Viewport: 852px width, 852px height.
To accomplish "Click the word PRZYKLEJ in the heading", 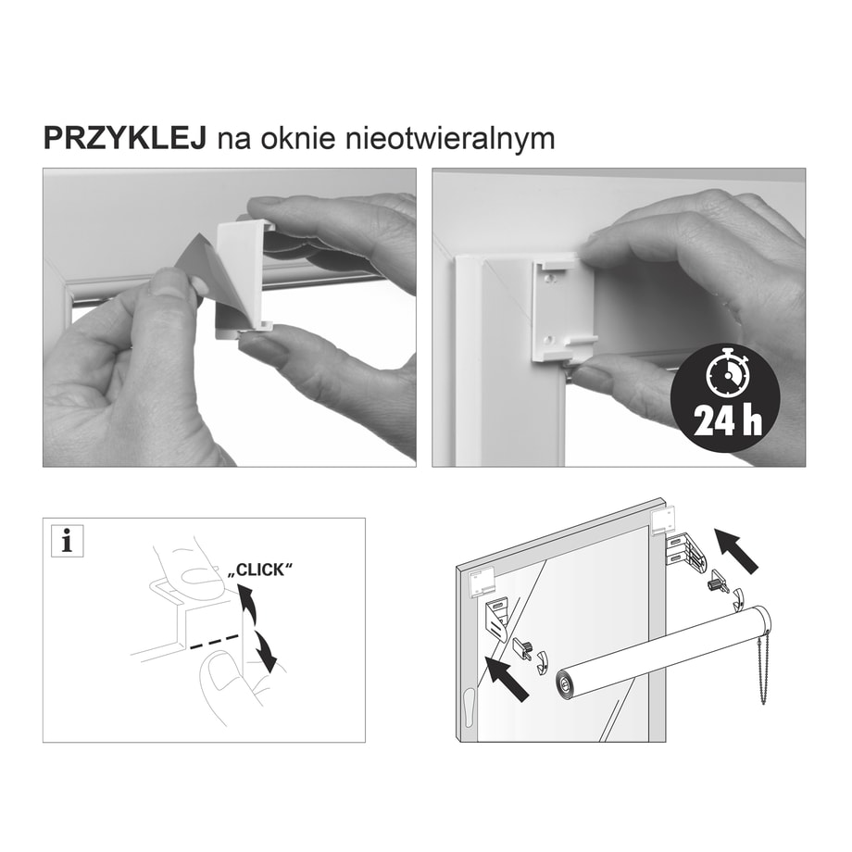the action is (x=124, y=138).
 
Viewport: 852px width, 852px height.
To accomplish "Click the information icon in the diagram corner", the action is (x=68, y=541).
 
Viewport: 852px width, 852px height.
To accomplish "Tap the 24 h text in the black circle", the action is (x=728, y=420).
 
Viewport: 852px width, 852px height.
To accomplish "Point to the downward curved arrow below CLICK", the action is (x=266, y=649).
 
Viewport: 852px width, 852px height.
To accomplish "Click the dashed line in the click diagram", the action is (x=213, y=642).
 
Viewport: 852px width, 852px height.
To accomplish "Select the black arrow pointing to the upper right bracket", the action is (x=736, y=550).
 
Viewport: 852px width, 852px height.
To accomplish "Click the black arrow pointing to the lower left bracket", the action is (x=507, y=678).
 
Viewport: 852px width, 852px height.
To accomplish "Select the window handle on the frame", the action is (x=469, y=706).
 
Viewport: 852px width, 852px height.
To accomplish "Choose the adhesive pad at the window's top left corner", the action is (x=482, y=583).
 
